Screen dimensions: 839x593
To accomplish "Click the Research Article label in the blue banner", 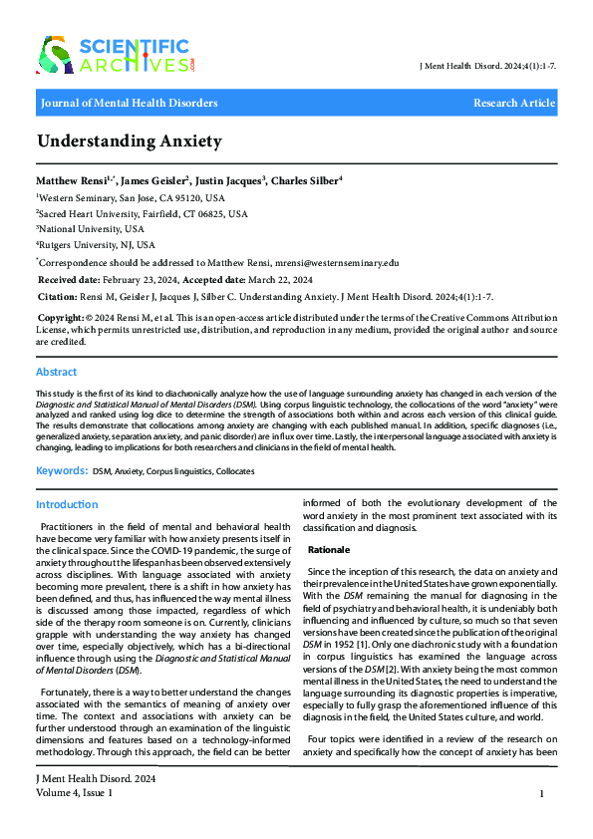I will pos(513,103).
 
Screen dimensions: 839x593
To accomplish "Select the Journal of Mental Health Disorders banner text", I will pos(129,103).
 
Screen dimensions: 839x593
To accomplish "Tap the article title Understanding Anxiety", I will pos(130,141).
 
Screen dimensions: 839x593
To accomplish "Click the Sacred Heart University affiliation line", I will pos(142,212).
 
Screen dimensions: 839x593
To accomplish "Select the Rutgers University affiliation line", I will pos(97,244).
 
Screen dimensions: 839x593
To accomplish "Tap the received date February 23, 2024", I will pos(141,279).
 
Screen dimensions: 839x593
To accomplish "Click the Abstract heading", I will pos(56,372).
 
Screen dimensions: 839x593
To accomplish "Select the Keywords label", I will pos(61,469).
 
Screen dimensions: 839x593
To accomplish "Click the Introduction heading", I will pos(67,505).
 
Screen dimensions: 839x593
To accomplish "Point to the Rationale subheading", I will pos(329,550).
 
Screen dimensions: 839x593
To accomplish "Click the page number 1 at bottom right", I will pos(540,793).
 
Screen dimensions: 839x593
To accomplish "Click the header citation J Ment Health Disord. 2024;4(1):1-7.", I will pos(489,66).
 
